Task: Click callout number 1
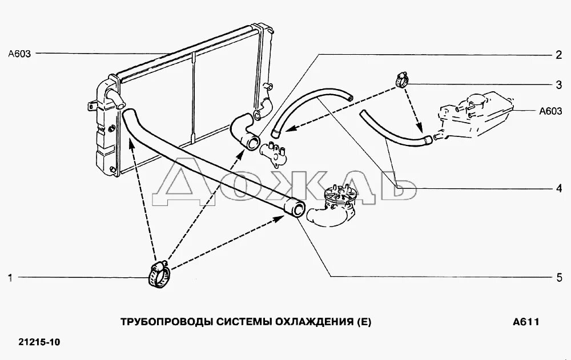(10, 278)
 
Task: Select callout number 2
(559, 55)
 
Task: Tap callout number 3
(559, 85)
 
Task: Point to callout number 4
(559, 187)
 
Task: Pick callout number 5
(559, 278)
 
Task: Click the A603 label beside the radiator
(19, 54)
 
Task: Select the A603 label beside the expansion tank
(550, 111)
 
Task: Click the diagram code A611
(526, 322)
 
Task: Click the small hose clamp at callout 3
(401, 79)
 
